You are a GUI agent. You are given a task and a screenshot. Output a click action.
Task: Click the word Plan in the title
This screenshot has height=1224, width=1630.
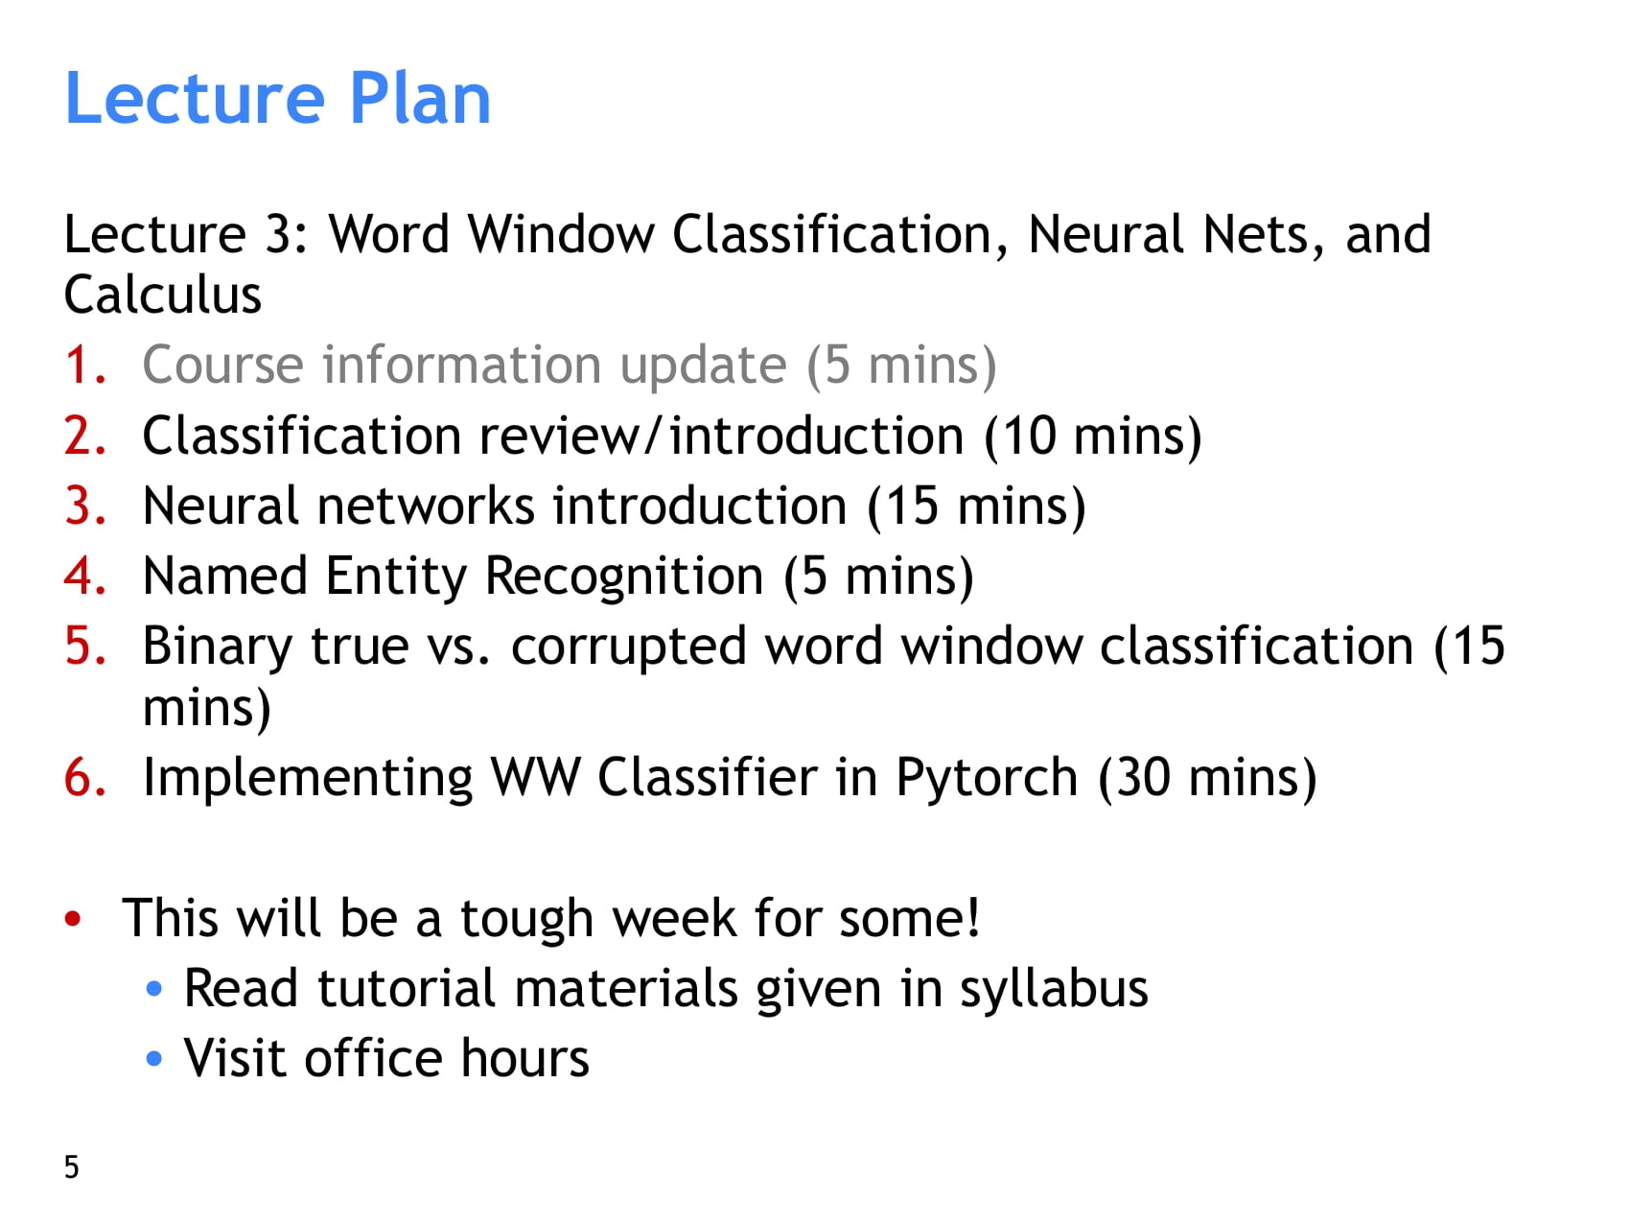[420, 98]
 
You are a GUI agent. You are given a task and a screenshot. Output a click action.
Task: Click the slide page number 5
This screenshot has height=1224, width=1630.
[72, 1167]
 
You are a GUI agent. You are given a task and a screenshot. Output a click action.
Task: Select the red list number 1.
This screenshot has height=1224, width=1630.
[84, 365]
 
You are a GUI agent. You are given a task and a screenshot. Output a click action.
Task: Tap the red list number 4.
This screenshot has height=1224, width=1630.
[84, 577]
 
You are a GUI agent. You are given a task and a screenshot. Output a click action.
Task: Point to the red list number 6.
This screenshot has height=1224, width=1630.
[84, 777]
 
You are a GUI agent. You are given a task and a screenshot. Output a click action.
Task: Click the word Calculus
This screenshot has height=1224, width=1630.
[163, 294]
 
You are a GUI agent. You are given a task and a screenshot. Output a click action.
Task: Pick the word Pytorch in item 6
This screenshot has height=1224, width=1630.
[988, 778]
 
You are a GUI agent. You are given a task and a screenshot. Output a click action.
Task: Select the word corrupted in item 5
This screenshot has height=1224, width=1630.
[628, 647]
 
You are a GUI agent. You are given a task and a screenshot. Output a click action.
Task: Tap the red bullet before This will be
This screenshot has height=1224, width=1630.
[73, 919]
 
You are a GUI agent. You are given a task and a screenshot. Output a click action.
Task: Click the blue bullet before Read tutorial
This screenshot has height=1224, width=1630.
[154, 989]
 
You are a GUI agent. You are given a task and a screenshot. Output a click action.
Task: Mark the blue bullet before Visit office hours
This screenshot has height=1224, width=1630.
[154, 1059]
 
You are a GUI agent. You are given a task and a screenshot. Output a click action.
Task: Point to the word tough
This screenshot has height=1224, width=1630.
[526, 920]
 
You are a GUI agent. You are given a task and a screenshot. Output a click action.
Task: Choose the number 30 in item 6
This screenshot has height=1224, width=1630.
[1143, 778]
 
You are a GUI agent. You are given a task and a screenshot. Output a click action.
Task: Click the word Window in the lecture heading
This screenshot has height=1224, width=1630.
[561, 234]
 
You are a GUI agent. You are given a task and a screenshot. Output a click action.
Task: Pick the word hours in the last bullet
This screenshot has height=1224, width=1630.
[524, 1059]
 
